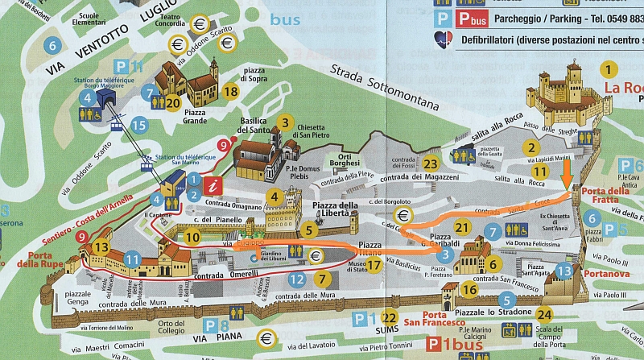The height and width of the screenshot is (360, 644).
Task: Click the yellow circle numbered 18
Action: click(231, 91)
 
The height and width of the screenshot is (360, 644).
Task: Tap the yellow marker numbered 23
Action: click(431, 163)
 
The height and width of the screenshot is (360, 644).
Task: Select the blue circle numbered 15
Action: click(139, 125)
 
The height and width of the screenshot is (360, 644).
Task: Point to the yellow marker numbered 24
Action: click(545, 314)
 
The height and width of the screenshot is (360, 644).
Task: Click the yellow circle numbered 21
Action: click(462, 227)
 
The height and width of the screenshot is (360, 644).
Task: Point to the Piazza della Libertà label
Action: click(335, 210)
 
